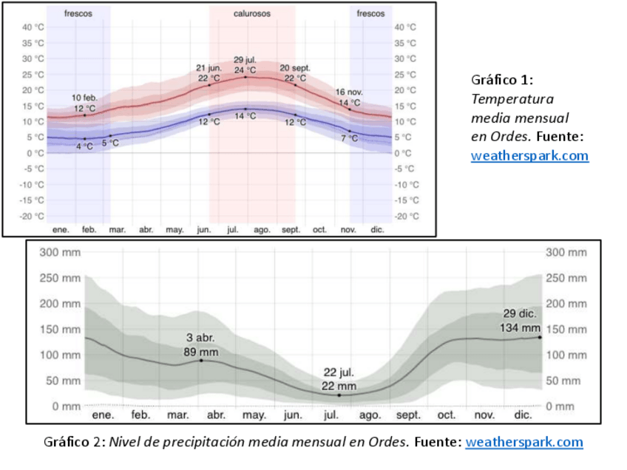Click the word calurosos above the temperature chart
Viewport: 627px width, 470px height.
[252, 13]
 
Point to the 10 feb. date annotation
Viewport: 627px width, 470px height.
[84, 98]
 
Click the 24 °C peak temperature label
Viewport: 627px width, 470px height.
[245, 70]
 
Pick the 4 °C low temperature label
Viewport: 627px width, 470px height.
[85, 146]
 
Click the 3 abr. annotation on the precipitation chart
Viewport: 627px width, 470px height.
[200, 338]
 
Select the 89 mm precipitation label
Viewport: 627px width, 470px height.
[200, 351]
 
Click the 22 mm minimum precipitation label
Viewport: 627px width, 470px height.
[339, 386]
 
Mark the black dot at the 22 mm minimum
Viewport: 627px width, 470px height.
[339, 395]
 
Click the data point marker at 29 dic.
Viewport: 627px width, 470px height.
[540, 337]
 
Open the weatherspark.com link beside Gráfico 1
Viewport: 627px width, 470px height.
[529, 156]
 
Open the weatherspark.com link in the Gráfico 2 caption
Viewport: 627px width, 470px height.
[523, 442]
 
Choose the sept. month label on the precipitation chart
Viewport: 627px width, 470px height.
[408, 415]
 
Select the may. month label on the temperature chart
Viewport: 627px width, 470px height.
[174, 230]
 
